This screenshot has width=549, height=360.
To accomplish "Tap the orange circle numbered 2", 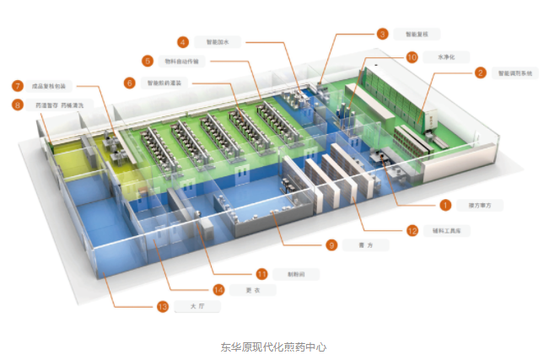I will (480, 73).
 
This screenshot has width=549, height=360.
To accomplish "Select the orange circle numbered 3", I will (383, 35).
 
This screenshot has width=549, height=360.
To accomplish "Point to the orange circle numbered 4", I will (182, 41).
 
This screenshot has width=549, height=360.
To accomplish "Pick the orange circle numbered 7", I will (17, 86).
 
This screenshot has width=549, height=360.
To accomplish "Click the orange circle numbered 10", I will (412, 57).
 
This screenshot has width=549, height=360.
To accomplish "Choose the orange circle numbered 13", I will (164, 307).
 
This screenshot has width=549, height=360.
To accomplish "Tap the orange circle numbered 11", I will (262, 273).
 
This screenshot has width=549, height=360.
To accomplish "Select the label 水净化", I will (447, 57).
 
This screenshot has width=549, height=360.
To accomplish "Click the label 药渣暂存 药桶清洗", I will (57, 105).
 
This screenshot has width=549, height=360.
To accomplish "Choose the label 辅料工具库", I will (449, 230).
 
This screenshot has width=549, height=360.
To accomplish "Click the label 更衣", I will (248, 290).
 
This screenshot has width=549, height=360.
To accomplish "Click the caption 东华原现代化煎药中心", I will (273, 347).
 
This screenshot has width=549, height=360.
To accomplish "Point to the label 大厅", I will (197, 307).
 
